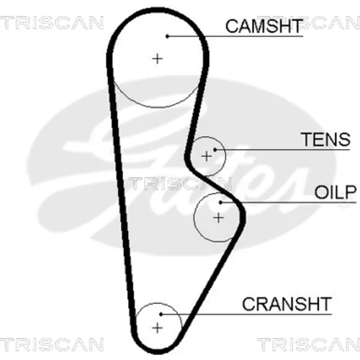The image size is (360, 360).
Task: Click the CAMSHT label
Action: point(264,26)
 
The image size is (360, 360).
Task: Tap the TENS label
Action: point(326,139)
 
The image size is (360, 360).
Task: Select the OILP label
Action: point(335,192)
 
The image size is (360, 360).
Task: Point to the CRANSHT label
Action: point(287,304)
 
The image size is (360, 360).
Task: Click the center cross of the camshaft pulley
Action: point(158,58)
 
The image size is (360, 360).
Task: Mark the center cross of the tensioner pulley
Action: point(207,156)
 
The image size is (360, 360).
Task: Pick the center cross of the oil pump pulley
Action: point(218,218)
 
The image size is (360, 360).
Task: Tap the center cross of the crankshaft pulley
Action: point(158,328)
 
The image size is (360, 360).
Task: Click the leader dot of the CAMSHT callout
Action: point(168,36)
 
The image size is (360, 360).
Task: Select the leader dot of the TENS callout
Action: point(215,150)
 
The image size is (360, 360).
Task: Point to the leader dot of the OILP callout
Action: point(221,202)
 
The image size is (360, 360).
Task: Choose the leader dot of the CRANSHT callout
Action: point(161,314)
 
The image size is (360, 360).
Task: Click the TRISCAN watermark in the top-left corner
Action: point(52,23)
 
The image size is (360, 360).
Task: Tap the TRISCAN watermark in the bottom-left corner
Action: point(52,344)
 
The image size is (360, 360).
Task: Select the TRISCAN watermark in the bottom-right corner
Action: point(309,344)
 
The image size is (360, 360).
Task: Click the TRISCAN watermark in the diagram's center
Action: point(180,184)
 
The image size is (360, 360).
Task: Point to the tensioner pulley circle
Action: point(225,156)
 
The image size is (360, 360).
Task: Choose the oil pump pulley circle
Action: point(194,218)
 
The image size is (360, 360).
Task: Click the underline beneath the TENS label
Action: point(283,150)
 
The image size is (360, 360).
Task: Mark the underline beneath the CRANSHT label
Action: point(246,314)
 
